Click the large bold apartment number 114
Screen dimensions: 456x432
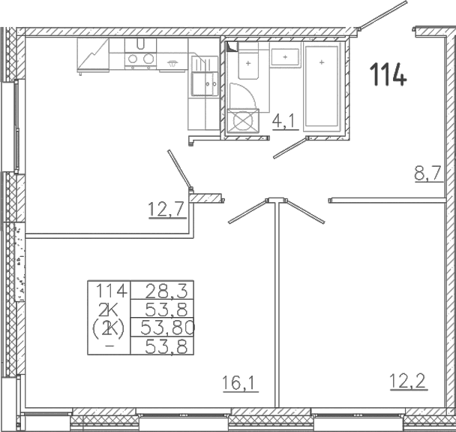coord(388,74)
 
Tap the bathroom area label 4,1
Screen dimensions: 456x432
coord(286,121)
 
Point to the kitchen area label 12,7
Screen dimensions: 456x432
coord(167,210)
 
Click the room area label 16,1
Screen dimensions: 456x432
coord(240,383)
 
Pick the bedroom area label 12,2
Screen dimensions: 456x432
coord(408,381)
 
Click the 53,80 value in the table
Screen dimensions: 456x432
coord(167,328)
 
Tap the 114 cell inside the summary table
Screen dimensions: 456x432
coord(112,291)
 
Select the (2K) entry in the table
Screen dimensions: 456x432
coord(109,328)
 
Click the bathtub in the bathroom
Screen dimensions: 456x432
coord(321,86)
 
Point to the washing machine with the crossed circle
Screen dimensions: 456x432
coord(243,121)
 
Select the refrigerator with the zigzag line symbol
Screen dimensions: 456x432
coord(93,56)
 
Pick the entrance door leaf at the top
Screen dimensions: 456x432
coord(382,15)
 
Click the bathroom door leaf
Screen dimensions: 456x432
coord(290,148)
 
